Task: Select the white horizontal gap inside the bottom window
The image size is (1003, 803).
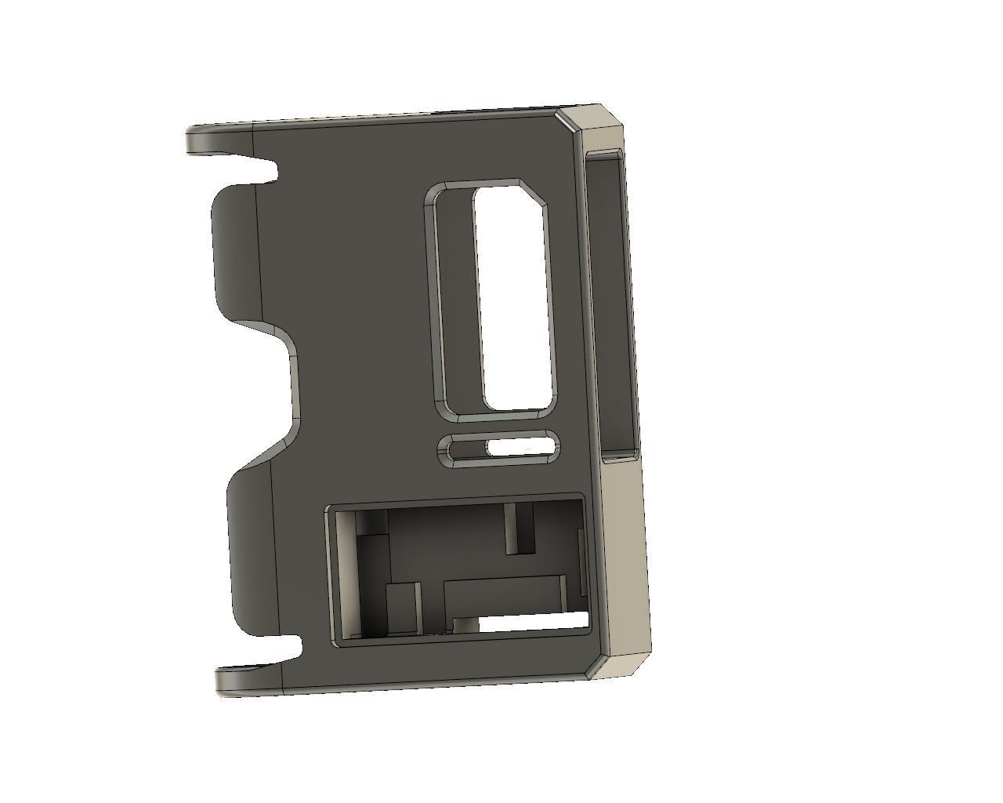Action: click(x=533, y=622)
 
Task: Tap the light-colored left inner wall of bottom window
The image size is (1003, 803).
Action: click(x=343, y=576)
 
